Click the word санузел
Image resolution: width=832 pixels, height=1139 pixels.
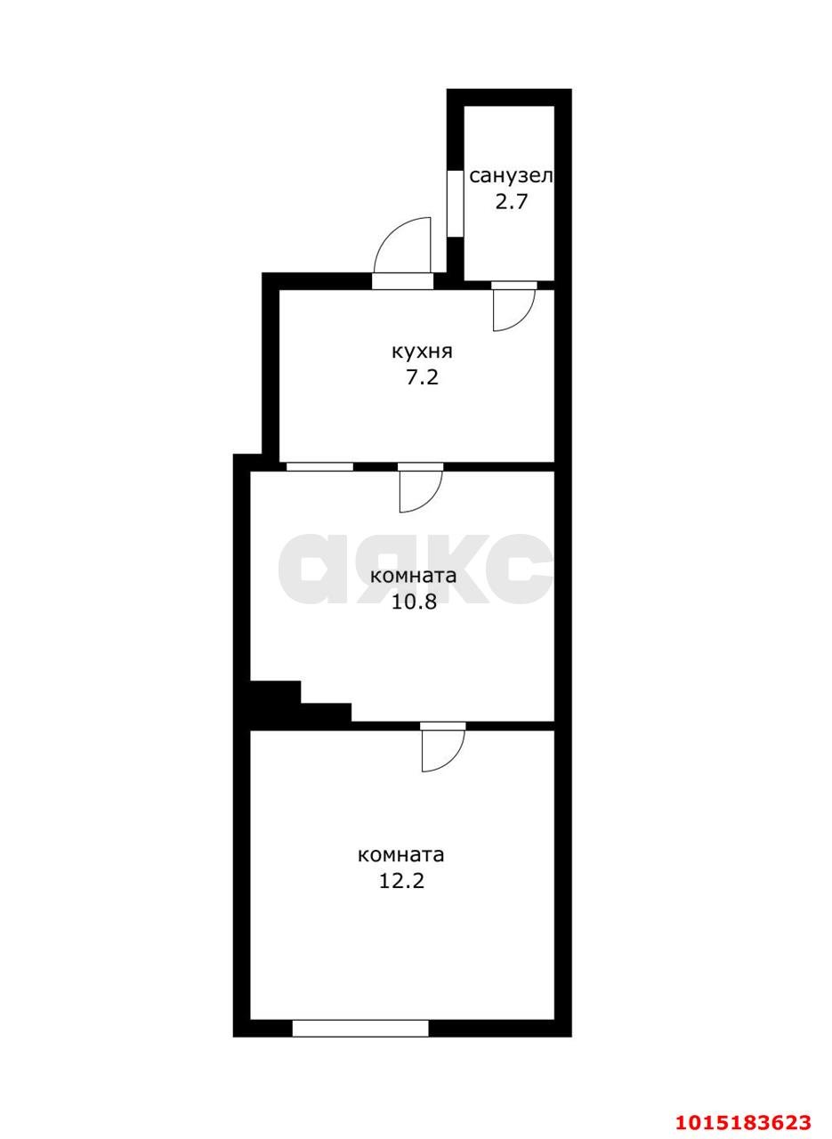point(511,176)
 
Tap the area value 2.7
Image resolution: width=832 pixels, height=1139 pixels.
point(511,202)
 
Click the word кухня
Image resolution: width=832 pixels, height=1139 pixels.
point(422,351)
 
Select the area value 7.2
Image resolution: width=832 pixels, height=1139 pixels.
point(422,378)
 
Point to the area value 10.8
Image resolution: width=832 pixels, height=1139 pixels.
point(414,602)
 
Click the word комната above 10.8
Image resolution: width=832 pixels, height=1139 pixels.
point(414,577)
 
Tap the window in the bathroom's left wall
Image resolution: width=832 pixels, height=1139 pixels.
point(455,204)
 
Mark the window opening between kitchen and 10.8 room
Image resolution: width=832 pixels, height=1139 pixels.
point(319,466)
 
